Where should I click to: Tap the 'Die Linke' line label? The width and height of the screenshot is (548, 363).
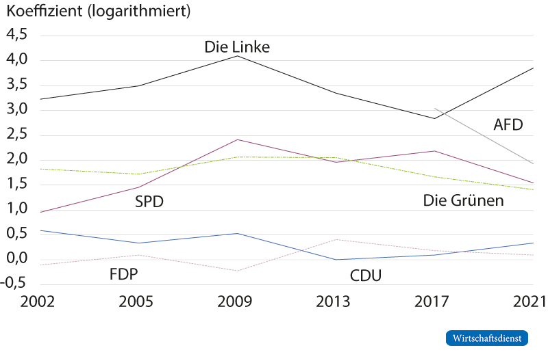(x=237, y=47)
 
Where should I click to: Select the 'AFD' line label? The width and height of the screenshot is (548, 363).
(x=508, y=125)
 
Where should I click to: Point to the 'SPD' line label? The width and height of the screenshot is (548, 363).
(x=149, y=201)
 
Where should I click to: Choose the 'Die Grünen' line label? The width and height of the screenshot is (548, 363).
(x=463, y=201)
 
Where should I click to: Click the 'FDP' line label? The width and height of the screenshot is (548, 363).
(x=129, y=275)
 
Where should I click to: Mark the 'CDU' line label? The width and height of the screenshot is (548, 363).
(x=365, y=275)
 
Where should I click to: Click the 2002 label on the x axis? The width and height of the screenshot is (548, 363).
(x=21, y=302)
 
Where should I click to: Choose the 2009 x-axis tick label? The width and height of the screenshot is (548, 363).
(x=237, y=302)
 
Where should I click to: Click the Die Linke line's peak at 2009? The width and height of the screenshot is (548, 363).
(x=237, y=56)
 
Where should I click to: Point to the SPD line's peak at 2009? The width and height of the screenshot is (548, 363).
(x=237, y=139)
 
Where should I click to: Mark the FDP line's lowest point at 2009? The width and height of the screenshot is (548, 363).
(x=237, y=271)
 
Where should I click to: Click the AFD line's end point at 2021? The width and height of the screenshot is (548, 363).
(x=534, y=163)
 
